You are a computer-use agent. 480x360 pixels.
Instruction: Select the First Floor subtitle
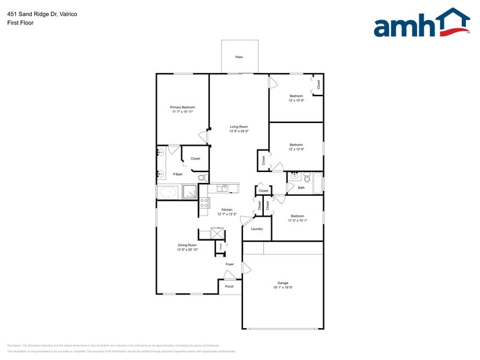coord(21,23)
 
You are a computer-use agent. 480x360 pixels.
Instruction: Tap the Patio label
coord(239,57)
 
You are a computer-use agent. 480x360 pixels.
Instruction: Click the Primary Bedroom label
coord(182,107)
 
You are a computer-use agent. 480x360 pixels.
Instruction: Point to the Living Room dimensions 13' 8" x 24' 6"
coord(239,131)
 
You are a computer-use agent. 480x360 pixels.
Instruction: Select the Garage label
coord(283,283)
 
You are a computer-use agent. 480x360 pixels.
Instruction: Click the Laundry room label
coord(257,229)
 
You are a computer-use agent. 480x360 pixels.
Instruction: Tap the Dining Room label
coord(187,245)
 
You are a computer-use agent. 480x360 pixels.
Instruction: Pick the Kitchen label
coord(227,209)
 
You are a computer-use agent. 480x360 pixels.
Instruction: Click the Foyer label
coord(230,264)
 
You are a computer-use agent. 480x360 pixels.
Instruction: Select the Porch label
coord(230,286)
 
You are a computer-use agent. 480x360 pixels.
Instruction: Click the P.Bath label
coord(178,174)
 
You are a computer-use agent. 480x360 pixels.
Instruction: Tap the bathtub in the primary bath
coord(168,192)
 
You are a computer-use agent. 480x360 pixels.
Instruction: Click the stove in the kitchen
coord(204,202)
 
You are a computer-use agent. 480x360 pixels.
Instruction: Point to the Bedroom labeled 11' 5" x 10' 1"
coord(298,216)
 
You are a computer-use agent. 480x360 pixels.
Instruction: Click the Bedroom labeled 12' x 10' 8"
coord(296,96)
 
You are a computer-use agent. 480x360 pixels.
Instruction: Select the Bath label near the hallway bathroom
coord(301,187)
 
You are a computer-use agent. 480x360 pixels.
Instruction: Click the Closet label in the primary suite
coord(195,159)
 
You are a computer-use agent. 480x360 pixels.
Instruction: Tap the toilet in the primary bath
coord(201,178)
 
